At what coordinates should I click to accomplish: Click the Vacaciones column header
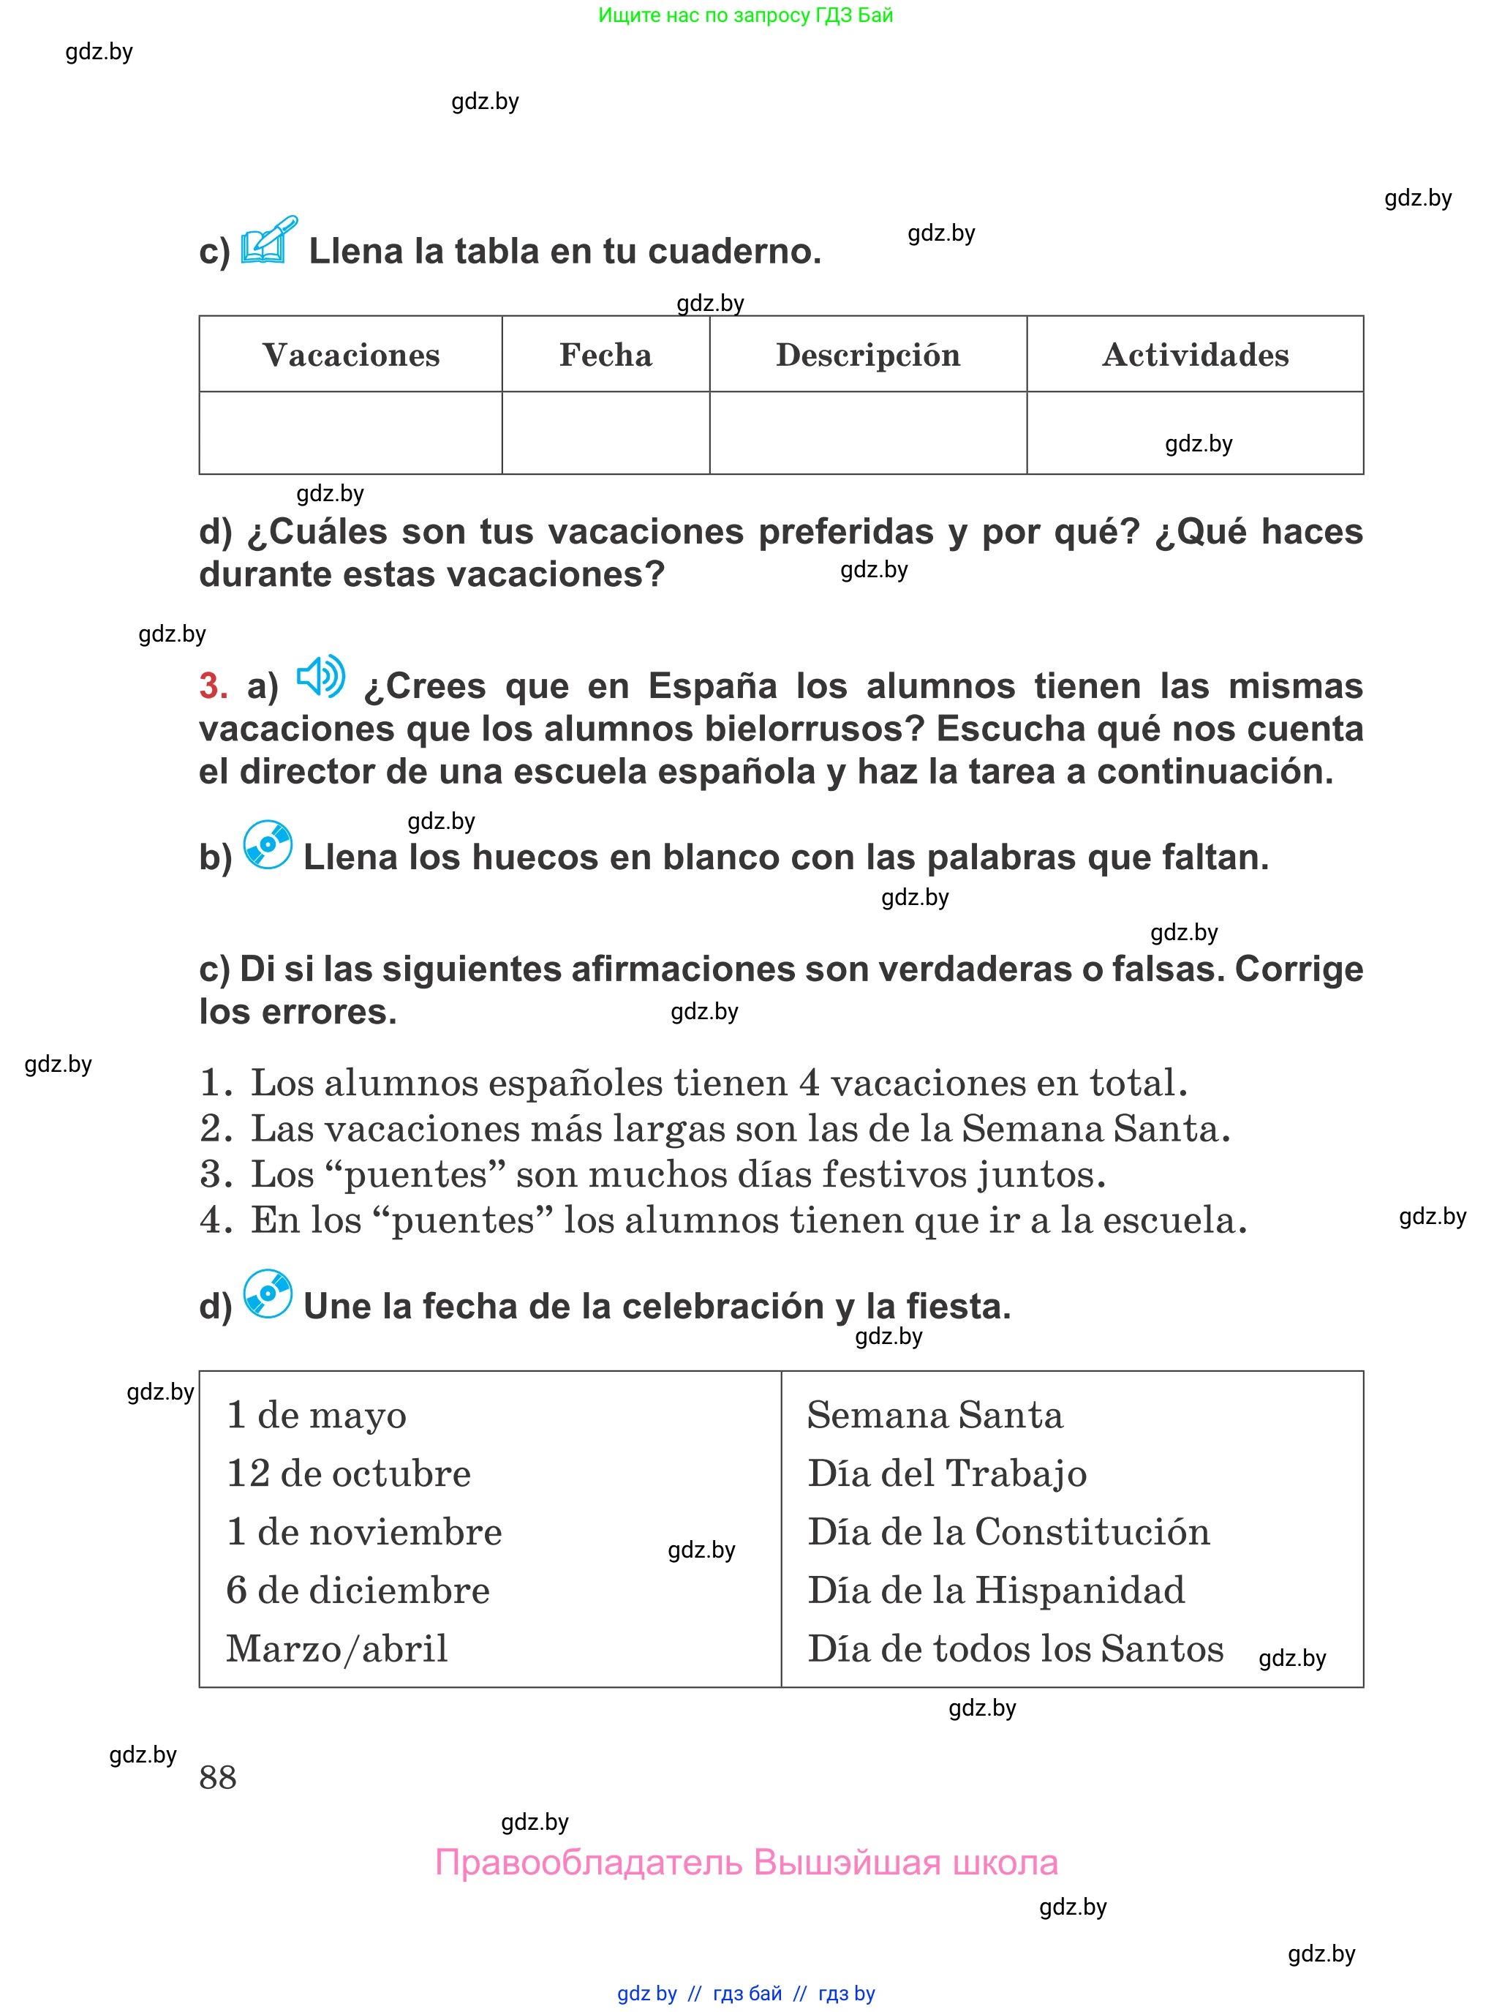351,355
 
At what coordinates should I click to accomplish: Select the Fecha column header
605,355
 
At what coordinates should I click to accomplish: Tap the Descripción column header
867,355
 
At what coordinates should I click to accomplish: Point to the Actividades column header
1195,355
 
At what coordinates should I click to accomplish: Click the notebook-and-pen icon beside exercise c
268,241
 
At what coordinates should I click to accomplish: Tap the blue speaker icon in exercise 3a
321,676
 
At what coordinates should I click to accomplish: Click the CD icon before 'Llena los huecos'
268,845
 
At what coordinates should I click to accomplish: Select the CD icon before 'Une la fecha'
268,1294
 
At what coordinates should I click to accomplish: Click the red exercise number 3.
213,686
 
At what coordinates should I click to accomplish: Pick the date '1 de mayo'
317,1415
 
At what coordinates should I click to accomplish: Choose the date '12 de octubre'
348,1474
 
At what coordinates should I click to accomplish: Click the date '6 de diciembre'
357,1591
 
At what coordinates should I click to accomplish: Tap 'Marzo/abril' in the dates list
336,1648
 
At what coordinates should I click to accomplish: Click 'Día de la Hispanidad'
996,1591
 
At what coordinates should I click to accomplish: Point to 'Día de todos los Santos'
1015,1648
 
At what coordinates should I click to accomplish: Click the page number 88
218,1778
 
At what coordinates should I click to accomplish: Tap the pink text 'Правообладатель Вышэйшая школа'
746,1863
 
